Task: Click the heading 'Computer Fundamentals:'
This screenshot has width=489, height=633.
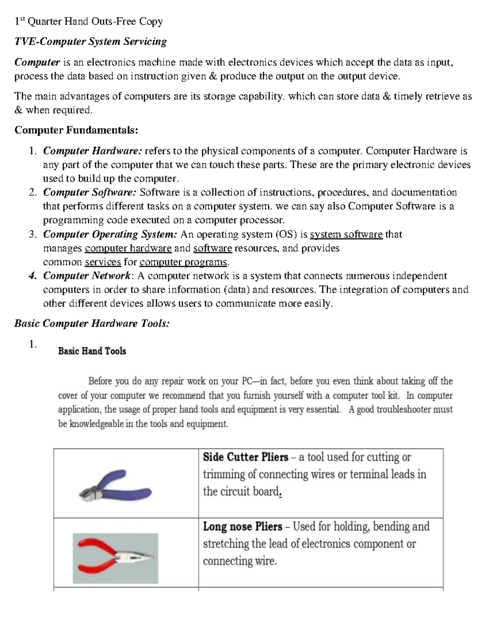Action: pos(76,130)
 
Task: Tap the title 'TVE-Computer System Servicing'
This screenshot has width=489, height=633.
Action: pos(90,42)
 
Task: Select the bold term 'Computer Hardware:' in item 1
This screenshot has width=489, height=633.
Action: pos(93,151)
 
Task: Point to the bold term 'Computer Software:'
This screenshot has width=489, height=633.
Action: pos(90,192)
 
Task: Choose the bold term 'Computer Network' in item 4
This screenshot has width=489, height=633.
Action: pos(86,276)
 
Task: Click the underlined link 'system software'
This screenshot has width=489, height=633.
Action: pos(346,235)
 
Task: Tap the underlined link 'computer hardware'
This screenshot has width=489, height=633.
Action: pos(128,248)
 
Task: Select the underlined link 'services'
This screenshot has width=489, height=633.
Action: pos(103,262)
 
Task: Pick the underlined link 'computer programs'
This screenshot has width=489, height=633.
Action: pos(183,262)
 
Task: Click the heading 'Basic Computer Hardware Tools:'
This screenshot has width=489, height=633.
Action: pos(92,324)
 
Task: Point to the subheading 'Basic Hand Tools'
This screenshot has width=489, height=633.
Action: pos(92,351)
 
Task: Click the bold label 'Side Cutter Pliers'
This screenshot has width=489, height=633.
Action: pos(246,457)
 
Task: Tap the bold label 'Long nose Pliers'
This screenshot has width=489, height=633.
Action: pos(242,527)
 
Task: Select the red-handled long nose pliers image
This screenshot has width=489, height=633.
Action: pos(115,558)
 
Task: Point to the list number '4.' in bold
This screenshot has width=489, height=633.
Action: pos(33,276)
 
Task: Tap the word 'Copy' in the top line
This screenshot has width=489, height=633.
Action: pos(151,21)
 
